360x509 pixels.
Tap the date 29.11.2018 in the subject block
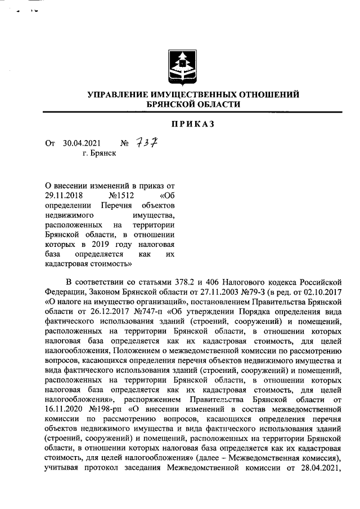64,196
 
